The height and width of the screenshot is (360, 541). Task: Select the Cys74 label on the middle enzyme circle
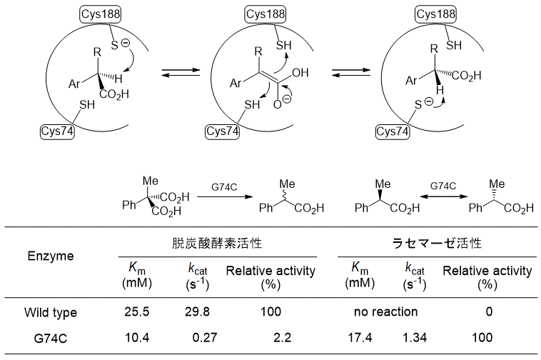click(x=223, y=131)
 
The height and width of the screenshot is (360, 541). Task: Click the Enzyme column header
click(x=51, y=256)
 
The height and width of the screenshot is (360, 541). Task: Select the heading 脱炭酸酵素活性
click(x=218, y=243)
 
